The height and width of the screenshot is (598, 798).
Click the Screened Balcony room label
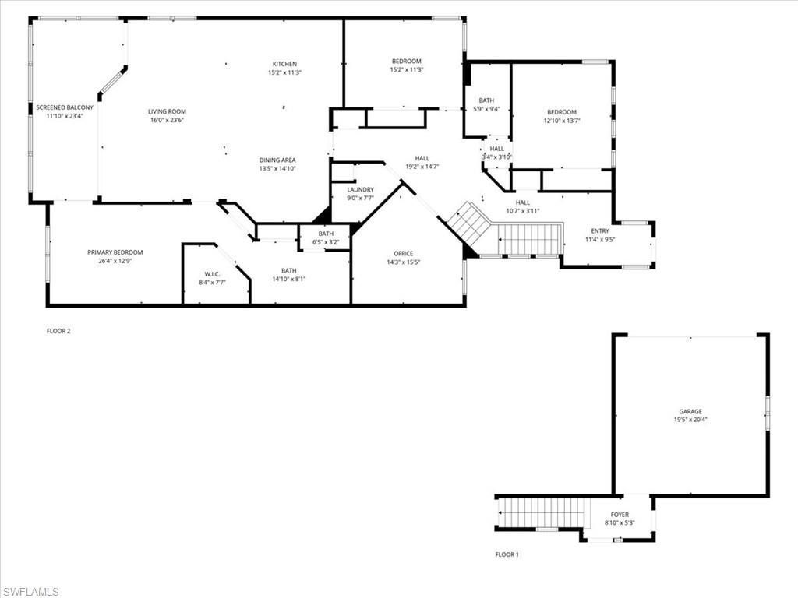(x=64, y=107)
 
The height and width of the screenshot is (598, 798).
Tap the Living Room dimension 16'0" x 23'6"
(x=167, y=121)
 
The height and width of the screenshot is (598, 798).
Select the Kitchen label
(x=284, y=64)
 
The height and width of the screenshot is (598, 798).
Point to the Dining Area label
(x=277, y=160)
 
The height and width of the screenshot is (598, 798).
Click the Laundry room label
(x=360, y=189)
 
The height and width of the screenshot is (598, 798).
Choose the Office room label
(x=404, y=253)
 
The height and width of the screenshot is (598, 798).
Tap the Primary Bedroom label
(x=115, y=252)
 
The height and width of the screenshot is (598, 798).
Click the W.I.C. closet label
(x=212, y=273)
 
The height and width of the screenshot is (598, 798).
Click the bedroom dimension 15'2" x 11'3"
(x=406, y=70)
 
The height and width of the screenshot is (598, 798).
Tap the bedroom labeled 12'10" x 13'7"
(x=561, y=117)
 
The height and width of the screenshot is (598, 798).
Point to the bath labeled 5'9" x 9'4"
(x=486, y=104)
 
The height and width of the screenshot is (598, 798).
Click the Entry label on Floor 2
(x=600, y=230)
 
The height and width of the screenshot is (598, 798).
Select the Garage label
(x=690, y=411)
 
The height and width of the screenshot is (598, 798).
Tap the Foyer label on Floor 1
(x=619, y=515)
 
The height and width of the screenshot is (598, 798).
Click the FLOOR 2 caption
(x=58, y=331)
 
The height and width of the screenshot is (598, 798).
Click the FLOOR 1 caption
(x=507, y=554)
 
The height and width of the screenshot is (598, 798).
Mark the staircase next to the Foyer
(x=541, y=512)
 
